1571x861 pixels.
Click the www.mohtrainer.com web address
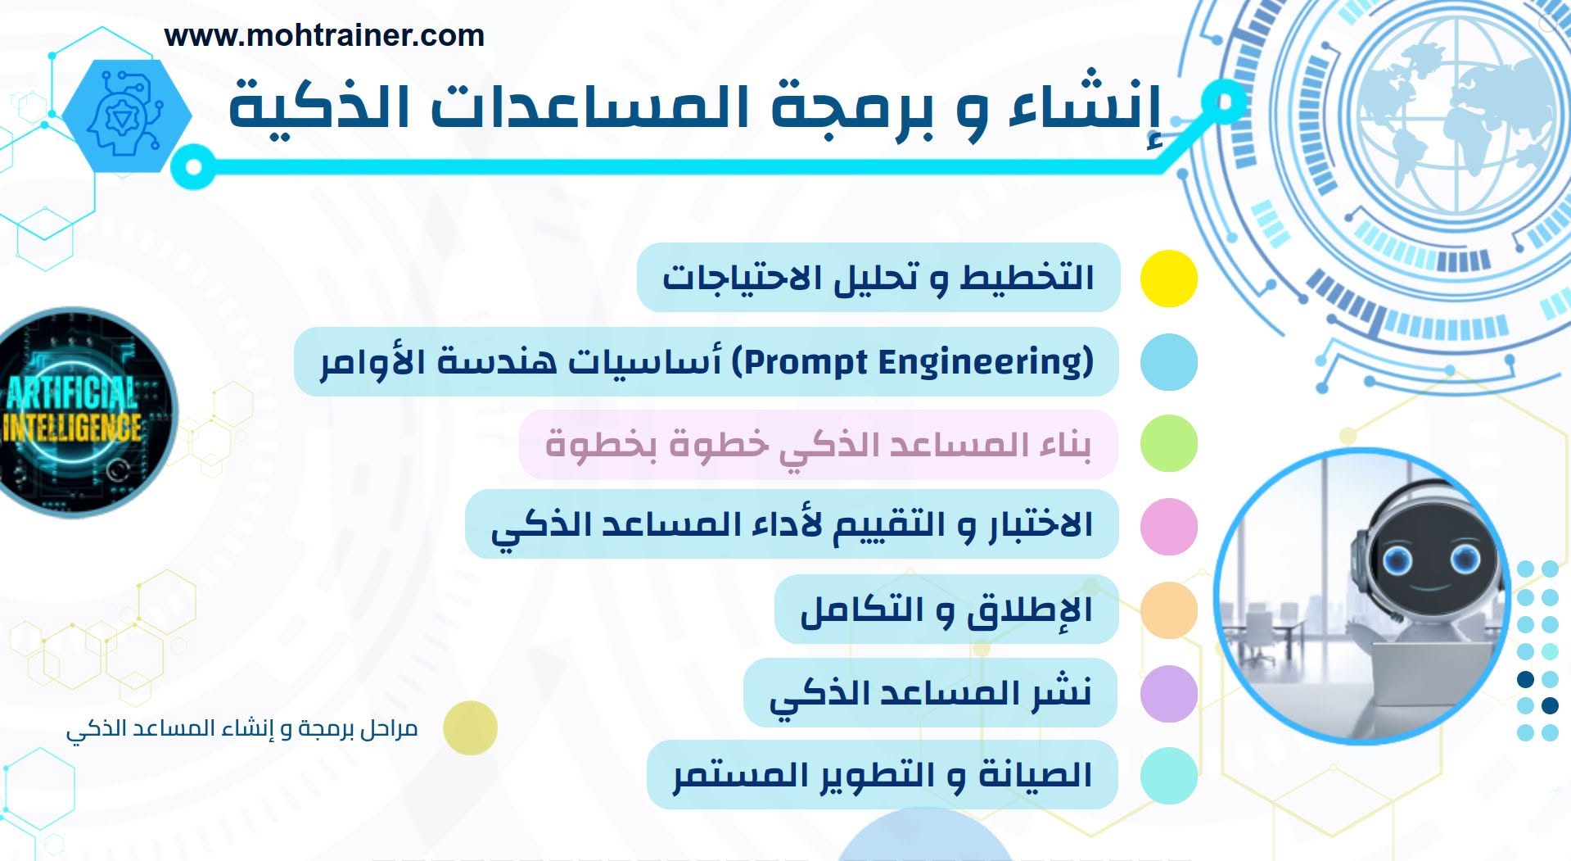point(324,36)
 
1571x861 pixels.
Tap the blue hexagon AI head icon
point(127,115)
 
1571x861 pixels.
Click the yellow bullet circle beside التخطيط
point(1169,279)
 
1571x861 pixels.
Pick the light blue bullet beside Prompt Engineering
point(1169,362)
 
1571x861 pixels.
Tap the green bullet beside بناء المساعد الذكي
point(1169,443)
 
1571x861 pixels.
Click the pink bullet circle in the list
point(1169,526)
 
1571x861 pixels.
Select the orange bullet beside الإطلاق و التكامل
point(1169,610)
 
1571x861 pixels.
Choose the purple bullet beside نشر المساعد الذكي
point(1169,694)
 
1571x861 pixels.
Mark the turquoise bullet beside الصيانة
point(1169,776)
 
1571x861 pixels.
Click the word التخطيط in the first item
point(1027,277)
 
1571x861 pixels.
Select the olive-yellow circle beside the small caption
point(470,727)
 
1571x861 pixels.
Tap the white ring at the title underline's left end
point(193,167)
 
